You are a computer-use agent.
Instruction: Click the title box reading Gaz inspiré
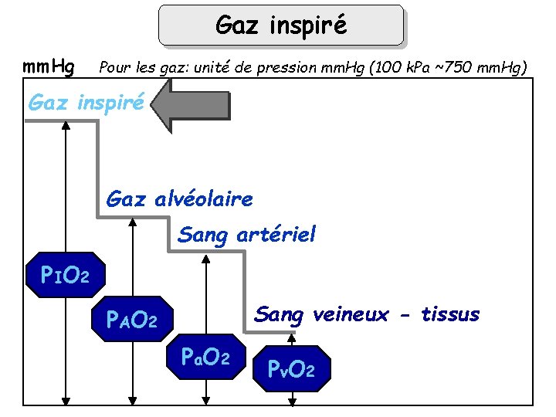[281, 25]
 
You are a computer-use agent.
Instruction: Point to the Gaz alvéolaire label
[179, 199]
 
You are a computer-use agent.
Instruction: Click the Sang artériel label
[246, 234]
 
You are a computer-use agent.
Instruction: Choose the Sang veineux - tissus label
[367, 314]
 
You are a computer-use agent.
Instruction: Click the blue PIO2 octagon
[66, 274]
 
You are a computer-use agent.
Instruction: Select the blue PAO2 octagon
[134, 318]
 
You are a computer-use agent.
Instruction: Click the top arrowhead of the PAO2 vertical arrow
[134, 222]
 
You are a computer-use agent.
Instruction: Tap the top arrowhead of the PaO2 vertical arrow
[205, 259]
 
